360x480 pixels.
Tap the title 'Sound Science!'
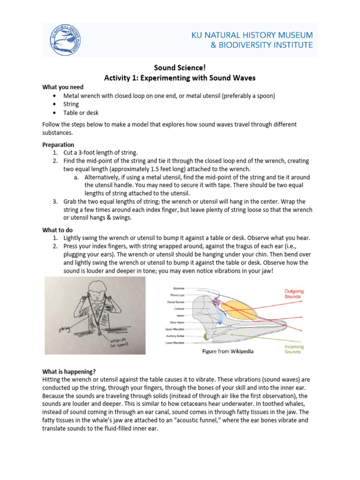[180, 68]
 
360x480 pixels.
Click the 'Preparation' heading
[58, 144]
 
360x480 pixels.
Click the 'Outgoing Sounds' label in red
[293, 293]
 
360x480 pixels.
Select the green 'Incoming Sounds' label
[294, 349]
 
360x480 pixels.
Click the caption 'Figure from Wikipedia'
[227, 352]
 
